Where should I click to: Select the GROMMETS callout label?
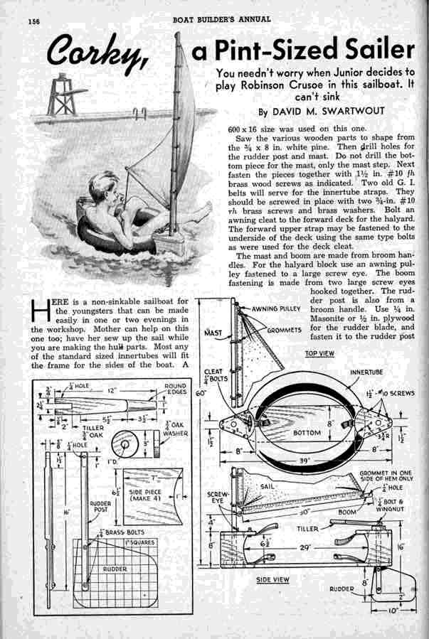[284, 331]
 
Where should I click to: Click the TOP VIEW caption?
[319, 353]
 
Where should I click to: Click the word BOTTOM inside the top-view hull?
[307, 431]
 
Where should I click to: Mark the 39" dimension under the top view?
[307, 460]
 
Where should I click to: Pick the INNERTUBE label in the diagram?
[366, 372]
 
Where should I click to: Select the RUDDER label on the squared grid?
[115, 569]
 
